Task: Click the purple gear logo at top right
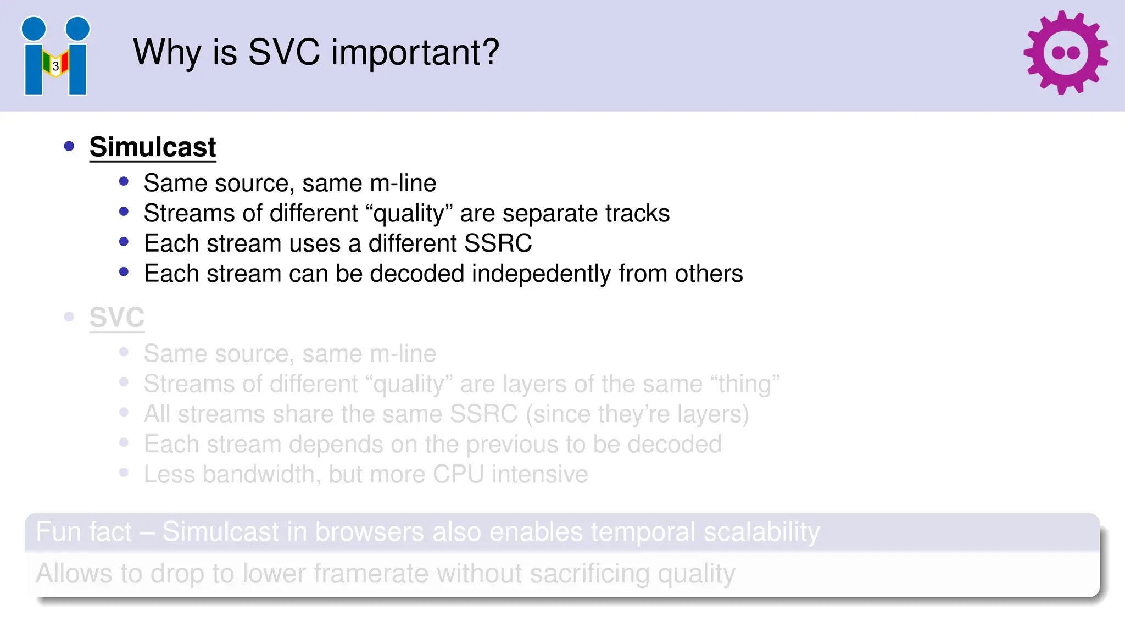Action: click(1065, 53)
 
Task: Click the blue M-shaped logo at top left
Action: click(55, 56)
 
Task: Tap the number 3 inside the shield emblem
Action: click(55, 66)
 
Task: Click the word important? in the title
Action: click(415, 53)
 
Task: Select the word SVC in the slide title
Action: click(283, 53)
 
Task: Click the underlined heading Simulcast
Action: click(153, 147)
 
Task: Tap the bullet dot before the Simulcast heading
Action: click(69, 146)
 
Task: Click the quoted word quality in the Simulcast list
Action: click(409, 213)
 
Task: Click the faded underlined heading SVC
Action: click(117, 318)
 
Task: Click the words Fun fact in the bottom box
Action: click(83, 532)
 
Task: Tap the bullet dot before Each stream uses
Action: click(124, 242)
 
